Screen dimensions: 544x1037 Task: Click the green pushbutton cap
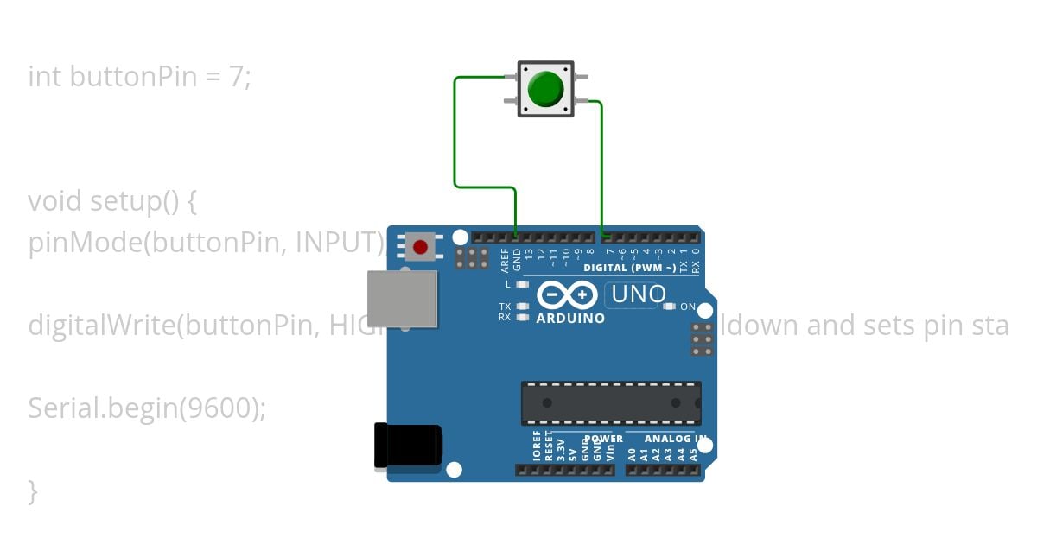(x=545, y=89)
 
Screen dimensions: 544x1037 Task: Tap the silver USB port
(x=402, y=299)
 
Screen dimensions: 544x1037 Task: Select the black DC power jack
(x=408, y=446)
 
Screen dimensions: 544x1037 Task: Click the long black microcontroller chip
(x=610, y=403)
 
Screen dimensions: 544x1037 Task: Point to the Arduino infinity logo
(x=567, y=295)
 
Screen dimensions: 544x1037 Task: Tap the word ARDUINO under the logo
(x=570, y=318)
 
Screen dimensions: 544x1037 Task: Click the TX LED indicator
(x=521, y=307)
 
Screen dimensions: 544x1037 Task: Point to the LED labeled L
(x=521, y=284)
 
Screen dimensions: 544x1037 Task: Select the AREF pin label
(x=505, y=258)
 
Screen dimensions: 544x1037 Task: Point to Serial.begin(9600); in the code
(x=147, y=408)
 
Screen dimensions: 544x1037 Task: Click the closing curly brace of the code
(x=33, y=491)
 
